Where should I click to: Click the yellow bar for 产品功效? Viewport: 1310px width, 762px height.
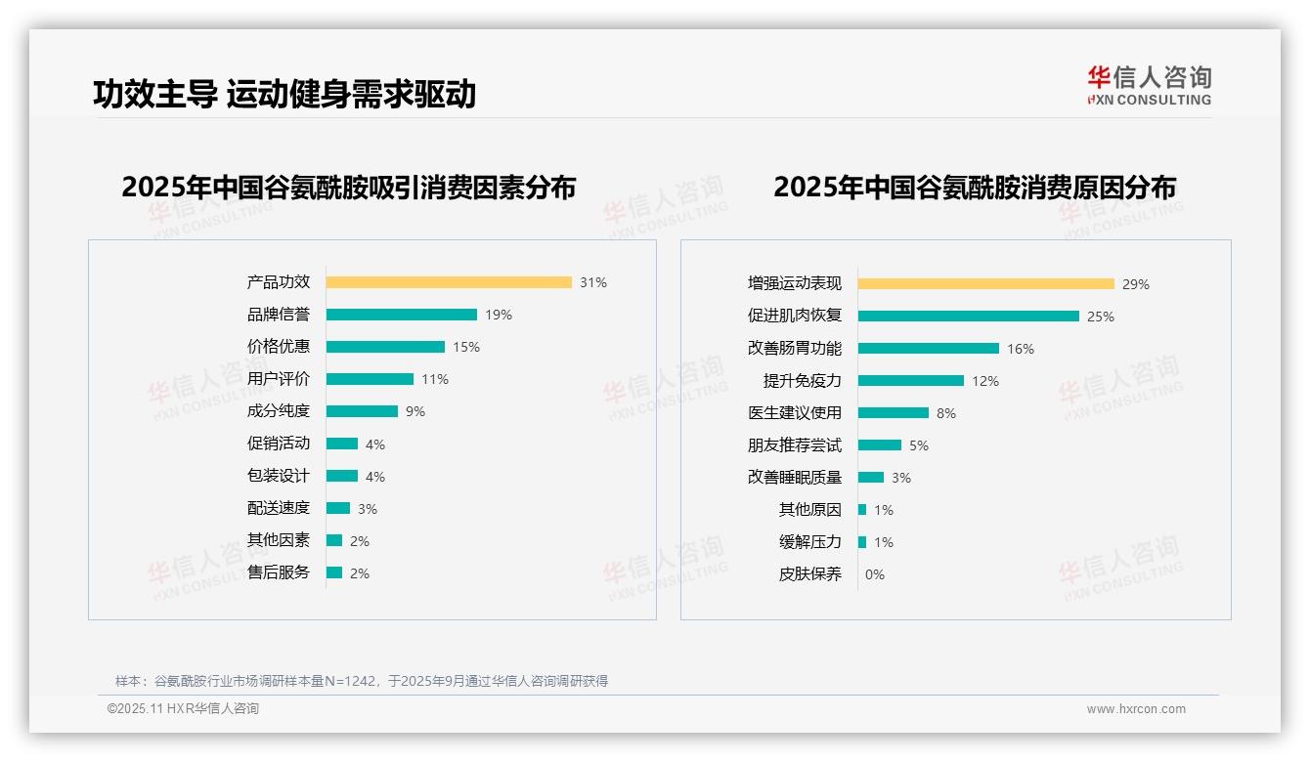pyautogui.click(x=449, y=282)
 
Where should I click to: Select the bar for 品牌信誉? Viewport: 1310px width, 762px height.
pyautogui.click(x=401, y=315)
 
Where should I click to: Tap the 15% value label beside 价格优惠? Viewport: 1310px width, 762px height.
pyautogui.click(x=466, y=347)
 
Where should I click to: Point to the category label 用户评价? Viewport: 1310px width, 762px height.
pyautogui.click(x=278, y=379)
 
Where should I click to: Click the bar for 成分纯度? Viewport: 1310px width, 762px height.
pyautogui.click(x=362, y=411)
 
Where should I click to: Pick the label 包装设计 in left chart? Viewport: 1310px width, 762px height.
pyautogui.click(x=278, y=476)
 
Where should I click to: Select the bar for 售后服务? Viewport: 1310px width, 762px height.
pyautogui.click(x=334, y=572)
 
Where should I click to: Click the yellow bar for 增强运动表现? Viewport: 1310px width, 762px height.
pyautogui.click(x=985, y=284)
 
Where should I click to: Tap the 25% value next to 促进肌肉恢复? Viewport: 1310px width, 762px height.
pyautogui.click(x=1101, y=317)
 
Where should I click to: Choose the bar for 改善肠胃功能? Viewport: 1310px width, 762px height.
pyautogui.click(x=929, y=349)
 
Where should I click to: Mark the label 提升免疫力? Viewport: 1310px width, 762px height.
pyautogui.click(x=802, y=381)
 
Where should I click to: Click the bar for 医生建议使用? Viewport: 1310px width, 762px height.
pyautogui.click(x=894, y=413)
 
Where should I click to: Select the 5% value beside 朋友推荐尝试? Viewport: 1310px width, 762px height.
pyautogui.click(x=919, y=445)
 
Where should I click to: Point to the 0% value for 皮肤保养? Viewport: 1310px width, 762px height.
pyautogui.click(x=874, y=574)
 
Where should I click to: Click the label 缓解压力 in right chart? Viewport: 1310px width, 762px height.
pyautogui.click(x=809, y=542)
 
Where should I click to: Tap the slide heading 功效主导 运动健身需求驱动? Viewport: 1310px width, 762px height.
pyautogui.click(x=284, y=94)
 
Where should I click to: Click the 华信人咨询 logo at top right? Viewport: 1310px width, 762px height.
pyautogui.click(x=1149, y=85)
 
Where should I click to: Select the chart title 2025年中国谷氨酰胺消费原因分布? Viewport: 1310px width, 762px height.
pyautogui.click(x=974, y=187)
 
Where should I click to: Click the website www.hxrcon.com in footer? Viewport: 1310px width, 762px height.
pyautogui.click(x=1136, y=709)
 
